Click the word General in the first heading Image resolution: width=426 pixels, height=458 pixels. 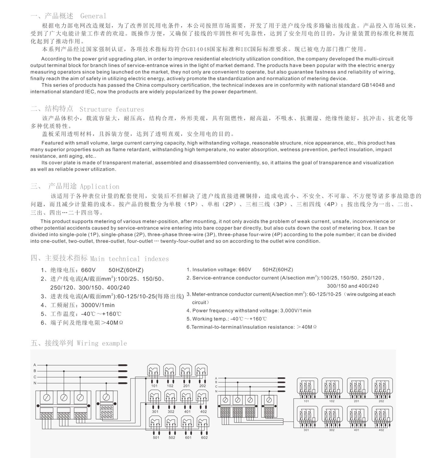[93, 16]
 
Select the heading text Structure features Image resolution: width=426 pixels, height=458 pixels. [112, 109]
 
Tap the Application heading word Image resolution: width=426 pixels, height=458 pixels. [100, 187]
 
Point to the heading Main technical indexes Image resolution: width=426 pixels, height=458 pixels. [129, 259]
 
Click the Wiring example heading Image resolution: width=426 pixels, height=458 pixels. [102, 343]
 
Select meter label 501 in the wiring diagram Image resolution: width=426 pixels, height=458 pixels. [156, 438]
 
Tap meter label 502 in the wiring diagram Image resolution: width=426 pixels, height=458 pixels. [172, 438]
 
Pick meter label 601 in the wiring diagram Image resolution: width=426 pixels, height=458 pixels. [188, 438]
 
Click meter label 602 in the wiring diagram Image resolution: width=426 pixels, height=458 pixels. [204, 438]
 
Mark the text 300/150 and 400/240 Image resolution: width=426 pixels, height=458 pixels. [353, 286]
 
